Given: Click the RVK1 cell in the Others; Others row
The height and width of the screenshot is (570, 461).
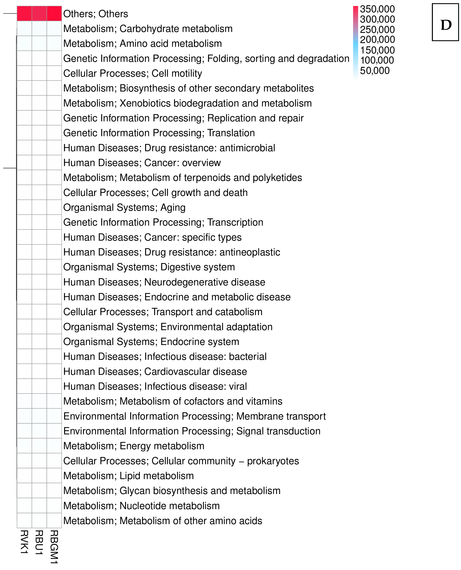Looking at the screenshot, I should pyautogui.click(x=24, y=14).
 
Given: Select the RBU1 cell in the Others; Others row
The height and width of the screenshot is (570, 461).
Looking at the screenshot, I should pyautogui.click(x=39, y=14).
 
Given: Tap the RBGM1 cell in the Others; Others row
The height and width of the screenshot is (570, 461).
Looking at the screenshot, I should pyautogui.click(x=54, y=14).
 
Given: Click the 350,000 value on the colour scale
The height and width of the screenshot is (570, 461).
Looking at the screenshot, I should pyautogui.click(x=377, y=9).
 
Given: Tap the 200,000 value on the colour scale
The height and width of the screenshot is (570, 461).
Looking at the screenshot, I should pyautogui.click(x=377, y=40).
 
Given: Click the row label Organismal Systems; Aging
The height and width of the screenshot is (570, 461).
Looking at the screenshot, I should pyautogui.click(x=124, y=207).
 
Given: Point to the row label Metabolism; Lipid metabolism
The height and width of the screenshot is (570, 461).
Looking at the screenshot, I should pyautogui.click(x=129, y=476).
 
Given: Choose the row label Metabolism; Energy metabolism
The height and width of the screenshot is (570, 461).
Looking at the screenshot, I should pyautogui.click(x=134, y=446).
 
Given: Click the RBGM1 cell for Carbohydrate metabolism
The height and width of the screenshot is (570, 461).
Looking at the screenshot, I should pyautogui.click(x=54, y=28).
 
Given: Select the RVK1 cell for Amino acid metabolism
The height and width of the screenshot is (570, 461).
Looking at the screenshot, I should pyautogui.click(x=24, y=43).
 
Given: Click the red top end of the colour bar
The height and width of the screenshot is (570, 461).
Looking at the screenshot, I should pyautogui.click(x=356, y=8).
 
